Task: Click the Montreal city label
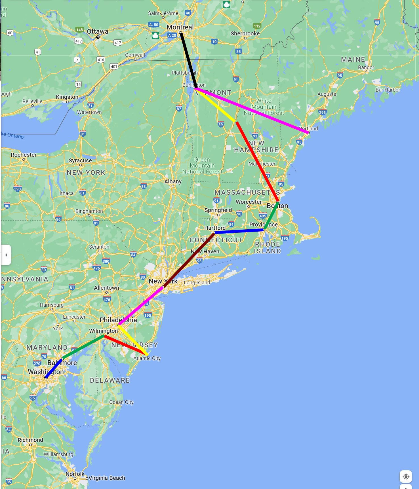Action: click(180, 27)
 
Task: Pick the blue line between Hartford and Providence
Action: click(239, 231)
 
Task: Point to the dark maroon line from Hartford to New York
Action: click(189, 260)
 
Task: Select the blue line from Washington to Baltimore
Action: click(54, 368)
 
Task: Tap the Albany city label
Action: click(173, 181)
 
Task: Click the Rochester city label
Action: click(24, 155)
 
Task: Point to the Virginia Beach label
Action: click(107, 478)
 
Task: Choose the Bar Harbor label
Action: click(388, 90)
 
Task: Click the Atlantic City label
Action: click(147, 358)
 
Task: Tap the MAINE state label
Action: click(353, 60)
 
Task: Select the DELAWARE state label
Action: click(110, 380)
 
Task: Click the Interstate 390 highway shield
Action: click(18, 189)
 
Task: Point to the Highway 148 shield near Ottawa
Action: click(79, 30)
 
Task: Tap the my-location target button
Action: click(406, 477)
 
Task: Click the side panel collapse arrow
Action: click(6, 255)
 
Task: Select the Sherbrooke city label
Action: click(245, 33)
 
